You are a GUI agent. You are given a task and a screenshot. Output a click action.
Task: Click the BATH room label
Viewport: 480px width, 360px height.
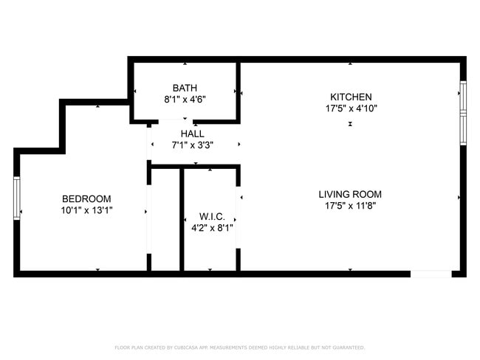pyautogui.click(x=185, y=88)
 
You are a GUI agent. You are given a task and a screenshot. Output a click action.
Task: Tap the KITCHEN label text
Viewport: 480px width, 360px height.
pyautogui.click(x=351, y=97)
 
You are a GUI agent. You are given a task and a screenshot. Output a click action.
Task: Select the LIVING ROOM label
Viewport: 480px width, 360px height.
pyautogui.click(x=350, y=194)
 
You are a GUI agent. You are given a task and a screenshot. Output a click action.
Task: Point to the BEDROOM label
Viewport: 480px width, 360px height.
pyautogui.click(x=86, y=198)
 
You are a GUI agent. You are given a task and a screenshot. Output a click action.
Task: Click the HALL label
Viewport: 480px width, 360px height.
pyautogui.click(x=192, y=134)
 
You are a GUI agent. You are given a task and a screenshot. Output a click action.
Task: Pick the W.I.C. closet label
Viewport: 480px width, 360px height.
pyautogui.click(x=212, y=217)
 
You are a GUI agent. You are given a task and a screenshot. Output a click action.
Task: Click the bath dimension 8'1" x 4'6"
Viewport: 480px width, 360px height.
pyautogui.click(x=185, y=100)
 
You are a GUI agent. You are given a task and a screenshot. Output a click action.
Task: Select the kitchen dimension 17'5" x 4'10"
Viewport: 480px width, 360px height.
pyautogui.click(x=351, y=108)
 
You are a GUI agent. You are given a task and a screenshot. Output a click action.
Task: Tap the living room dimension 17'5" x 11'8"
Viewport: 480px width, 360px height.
pyautogui.click(x=350, y=206)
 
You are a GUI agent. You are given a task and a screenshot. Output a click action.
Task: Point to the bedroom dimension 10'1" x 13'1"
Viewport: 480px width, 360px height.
pyautogui.click(x=86, y=210)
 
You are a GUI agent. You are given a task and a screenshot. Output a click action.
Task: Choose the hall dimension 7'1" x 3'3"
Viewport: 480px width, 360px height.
pyautogui.click(x=192, y=145)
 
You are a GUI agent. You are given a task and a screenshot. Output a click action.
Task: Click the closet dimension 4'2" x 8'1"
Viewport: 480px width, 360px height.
pyautogui.click(x=212, y=228)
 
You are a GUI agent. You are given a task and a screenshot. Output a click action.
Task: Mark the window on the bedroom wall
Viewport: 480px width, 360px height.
pyautogui.click(x=17, y=198)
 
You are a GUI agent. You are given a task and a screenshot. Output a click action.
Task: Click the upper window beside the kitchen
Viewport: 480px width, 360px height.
pyautogui.click(x=463, y=97)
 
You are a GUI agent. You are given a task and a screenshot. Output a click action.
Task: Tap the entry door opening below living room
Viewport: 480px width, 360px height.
pyautogui.click(x=431, y=274)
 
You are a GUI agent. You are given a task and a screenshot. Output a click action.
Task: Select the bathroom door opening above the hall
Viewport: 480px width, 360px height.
pyautogui.click(x=176, y=122)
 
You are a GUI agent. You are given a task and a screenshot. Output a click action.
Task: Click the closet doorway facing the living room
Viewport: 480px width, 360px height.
pyautogui.click(x=239, y=217)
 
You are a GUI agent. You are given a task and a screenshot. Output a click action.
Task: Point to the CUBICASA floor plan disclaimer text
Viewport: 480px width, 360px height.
pyautogui.click(x=240, y=347)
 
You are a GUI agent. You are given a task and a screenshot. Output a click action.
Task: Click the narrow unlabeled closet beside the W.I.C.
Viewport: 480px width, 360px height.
pyautogui.click(x=165, y=220)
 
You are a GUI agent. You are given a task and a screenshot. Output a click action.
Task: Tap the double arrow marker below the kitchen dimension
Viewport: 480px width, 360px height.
pyautogui.click(x=350, y=124)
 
